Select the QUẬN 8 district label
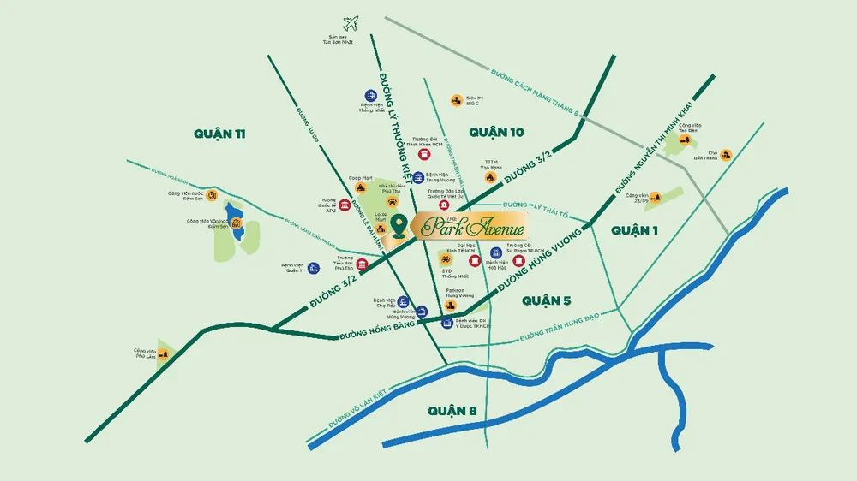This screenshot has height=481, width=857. coord(454,412)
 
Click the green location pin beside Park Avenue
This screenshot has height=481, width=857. coord(399,226)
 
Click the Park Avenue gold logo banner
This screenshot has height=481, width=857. coord(469,227)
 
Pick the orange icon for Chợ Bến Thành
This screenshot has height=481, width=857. coord(726,154)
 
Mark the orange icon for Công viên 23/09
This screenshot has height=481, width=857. coord(656,197)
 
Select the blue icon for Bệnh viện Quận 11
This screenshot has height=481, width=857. coord(314,268)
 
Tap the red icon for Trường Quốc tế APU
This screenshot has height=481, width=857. coord(345,205)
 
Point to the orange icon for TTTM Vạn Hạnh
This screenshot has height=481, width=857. coord(489,177)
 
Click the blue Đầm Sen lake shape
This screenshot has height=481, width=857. coord(232,218)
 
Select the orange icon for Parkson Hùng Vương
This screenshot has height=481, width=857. coord(452,305)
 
